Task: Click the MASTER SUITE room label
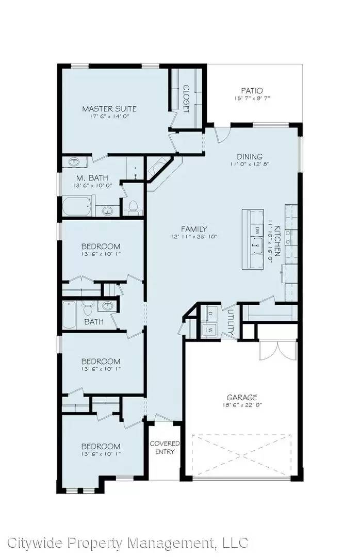tap(109, 109)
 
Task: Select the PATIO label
tap(252, 91)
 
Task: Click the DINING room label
tap(250, 157)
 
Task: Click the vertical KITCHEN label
tap(277, 241)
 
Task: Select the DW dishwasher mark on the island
tap(256, 230)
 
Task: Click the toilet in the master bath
tap(133, 208)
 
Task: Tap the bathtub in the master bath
tap(77, 207)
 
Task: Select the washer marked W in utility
tap(210, 329)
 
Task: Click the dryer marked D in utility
tap(210, 314)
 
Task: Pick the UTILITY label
tap(231, 323)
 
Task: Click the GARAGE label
tap(242, 398)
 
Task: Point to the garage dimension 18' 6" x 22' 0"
tap(242, 405)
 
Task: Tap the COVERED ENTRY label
tap(165, 448)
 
